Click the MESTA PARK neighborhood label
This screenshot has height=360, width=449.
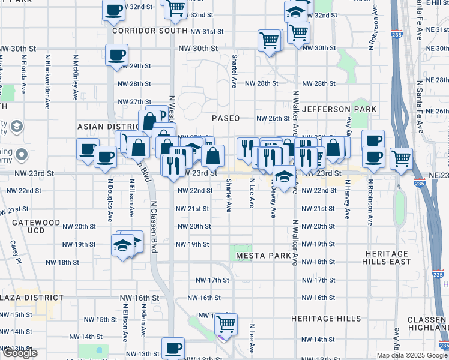point(263,256)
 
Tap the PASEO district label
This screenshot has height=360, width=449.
point(226,118)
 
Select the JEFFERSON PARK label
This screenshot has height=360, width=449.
point(339,109)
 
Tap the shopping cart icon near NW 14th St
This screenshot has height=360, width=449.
point(226,324)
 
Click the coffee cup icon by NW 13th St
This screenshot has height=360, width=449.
point(173,347)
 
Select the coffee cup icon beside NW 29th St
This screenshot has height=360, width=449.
point(116,55)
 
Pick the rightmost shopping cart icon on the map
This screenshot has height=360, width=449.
point(401,158)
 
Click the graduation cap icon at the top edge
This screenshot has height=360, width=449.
point(296,10)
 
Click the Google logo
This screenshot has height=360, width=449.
point(19,353)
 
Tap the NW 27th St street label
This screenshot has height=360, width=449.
point(134,102)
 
